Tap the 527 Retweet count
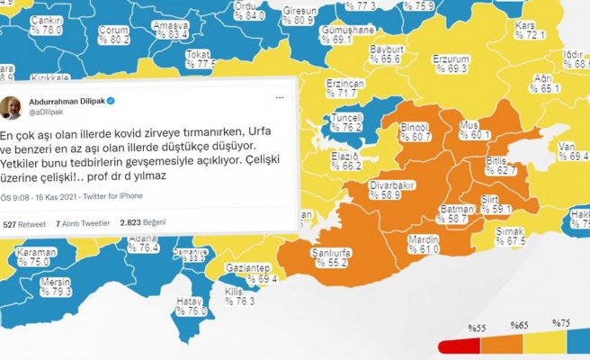[x=23, y=222]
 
